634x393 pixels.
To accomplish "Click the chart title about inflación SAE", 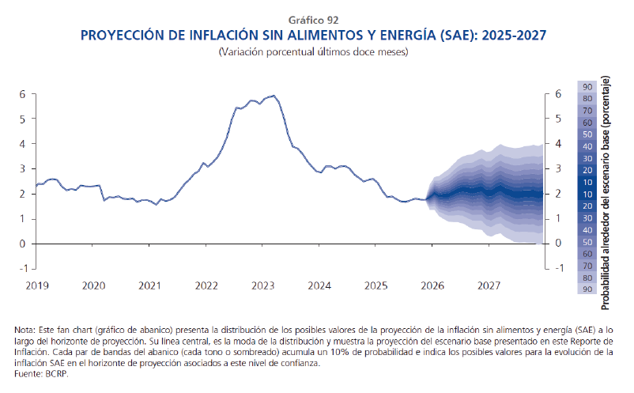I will [316, 36].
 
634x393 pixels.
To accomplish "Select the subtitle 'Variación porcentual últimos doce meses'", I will [316, 52].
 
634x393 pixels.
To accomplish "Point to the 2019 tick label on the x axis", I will [36, 285].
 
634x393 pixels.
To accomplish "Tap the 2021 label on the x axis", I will [150, 285].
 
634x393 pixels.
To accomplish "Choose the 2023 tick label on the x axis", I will [263, 285].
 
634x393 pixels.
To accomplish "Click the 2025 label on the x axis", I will [376, 285].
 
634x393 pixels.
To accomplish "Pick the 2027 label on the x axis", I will [489, 285].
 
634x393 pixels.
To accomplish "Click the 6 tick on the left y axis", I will [23, 94].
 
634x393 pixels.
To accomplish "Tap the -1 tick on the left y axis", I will [21, 268].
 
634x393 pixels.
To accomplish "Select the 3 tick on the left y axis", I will [23, 169].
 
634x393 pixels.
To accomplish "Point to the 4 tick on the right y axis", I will [558, 144].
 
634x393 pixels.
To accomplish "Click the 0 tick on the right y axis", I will [558, 244].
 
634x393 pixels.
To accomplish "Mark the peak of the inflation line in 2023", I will [273, 96].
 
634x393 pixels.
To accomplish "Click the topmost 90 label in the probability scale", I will [587, 86].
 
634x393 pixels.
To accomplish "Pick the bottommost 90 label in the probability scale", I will [587, 290].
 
